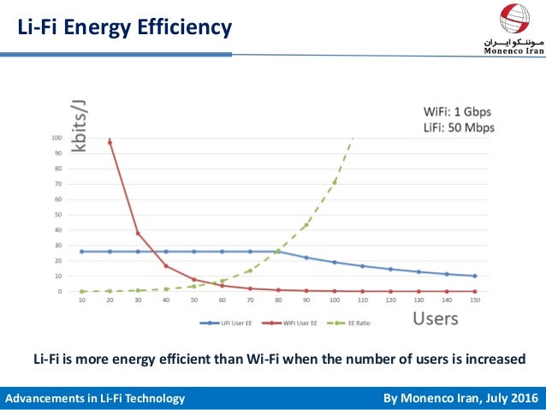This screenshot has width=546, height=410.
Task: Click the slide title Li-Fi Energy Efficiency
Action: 125,28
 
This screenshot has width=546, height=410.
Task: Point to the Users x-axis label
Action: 435,318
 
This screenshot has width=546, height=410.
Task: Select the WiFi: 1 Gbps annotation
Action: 458,111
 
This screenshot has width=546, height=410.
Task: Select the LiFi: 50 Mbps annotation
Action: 459,128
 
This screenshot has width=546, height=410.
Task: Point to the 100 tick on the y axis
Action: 56,138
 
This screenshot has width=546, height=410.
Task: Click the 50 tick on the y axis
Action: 58,215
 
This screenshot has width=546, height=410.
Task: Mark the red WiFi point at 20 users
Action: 110,142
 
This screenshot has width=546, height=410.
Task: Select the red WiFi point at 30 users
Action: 138,234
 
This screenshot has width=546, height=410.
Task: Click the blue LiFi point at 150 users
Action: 474,276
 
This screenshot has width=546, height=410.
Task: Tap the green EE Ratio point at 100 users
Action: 334,182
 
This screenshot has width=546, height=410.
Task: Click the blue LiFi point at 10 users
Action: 81,252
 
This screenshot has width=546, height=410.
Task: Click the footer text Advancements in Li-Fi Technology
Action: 95,399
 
